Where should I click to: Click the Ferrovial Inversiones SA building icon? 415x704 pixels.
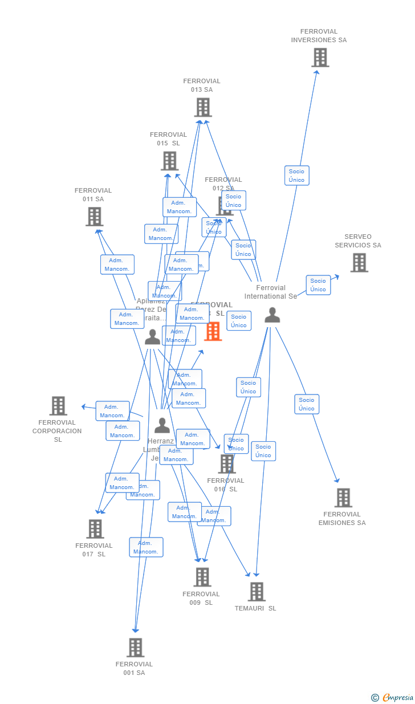pos(320,58)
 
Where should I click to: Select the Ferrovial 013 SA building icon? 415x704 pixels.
pos(203,107)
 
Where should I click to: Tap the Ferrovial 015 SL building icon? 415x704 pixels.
pos(169,161)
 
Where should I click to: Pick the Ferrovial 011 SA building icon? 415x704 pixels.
pos(94,217)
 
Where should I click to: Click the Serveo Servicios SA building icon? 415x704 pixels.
pos(359,263)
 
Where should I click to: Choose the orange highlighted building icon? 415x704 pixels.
pos(213,331)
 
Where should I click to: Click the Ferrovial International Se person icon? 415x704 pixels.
pos(272,315)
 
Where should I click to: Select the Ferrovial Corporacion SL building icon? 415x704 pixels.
pos(58,406)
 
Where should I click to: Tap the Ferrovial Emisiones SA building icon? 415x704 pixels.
pos(343,498)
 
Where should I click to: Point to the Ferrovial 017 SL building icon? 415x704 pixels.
pos(95,529)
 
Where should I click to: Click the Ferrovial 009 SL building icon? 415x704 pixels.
pos(202,577)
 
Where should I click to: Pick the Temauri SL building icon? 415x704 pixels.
pos(257,592)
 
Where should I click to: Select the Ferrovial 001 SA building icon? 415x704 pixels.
pos(135,648)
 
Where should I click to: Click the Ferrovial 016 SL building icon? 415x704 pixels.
pos(227,464)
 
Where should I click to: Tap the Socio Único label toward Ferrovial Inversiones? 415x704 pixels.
pos(296,176)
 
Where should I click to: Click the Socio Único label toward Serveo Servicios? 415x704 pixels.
pos(318,285)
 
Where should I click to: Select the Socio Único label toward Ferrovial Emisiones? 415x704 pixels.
pos(307,404)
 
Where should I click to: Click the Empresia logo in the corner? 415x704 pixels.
pos(393,697)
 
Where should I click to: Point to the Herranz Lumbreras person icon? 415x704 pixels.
pos(162,425)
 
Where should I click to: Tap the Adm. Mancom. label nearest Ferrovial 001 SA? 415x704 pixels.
pos(146,547)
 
